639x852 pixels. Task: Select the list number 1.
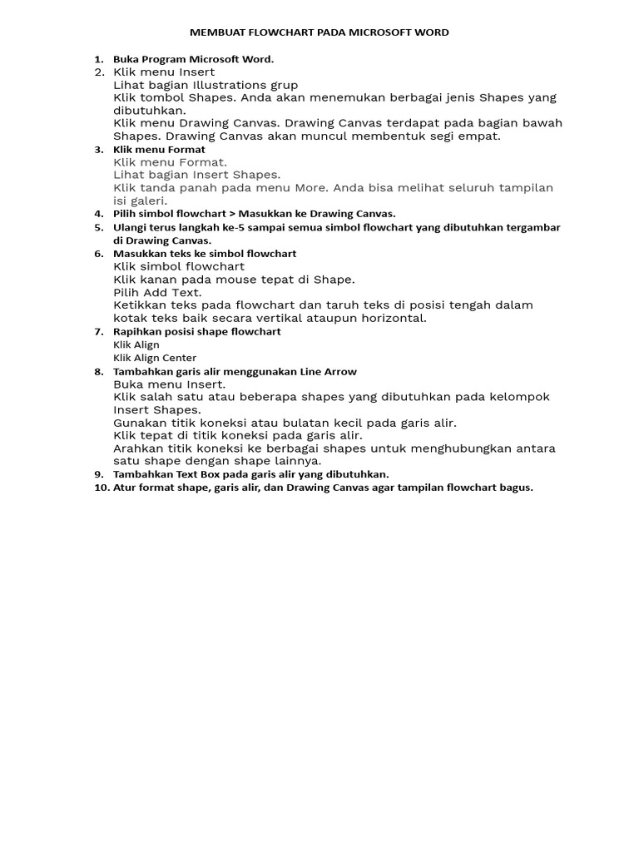click(98, 59)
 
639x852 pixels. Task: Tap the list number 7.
click(98, 332)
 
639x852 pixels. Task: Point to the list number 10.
click(101, 488)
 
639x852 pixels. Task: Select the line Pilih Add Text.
click(157, 292)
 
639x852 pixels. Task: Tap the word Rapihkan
click(136, 332)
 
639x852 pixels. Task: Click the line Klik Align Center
click(155, 358)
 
